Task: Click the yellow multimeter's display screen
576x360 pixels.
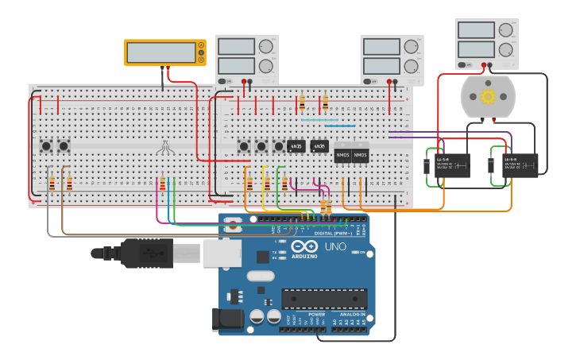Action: (x=161, y=52)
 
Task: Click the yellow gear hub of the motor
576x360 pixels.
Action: (x=488, y=96)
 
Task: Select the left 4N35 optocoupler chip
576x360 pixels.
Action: (x=296, y=146)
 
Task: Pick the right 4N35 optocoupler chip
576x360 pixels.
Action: (x=319, y=146)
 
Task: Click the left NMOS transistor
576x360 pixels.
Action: (x=342, y=154)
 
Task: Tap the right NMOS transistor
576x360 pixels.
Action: (x=360, y=154)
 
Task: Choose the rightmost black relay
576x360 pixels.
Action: (x=520, y=165)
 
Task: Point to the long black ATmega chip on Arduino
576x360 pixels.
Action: (x=324, y=298)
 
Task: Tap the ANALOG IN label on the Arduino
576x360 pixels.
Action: (x=353, y=315)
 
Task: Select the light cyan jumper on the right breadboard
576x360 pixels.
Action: (x=319, y=120)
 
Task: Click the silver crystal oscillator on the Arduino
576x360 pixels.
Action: (x=260, y=277)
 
